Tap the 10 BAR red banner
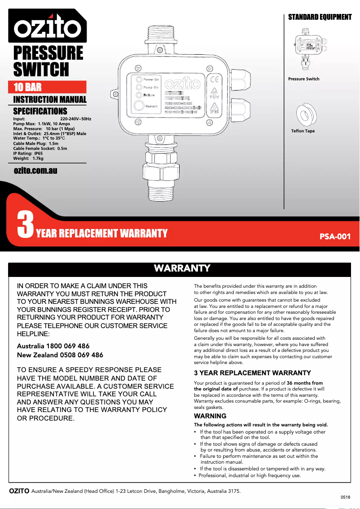coord(47,87)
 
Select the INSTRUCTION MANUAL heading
coord(49,100)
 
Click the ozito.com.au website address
coord(35,171)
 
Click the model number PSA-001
coord(334,236)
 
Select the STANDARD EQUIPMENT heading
coord(320,17)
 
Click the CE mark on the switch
coord(214,78)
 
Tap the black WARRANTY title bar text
coord(182,268)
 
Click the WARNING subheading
coord(210,416)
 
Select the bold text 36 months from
coord(305,383)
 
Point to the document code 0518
coord(345,497)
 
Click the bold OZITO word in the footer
coord(19,491)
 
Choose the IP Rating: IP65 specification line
coord(28,153)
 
